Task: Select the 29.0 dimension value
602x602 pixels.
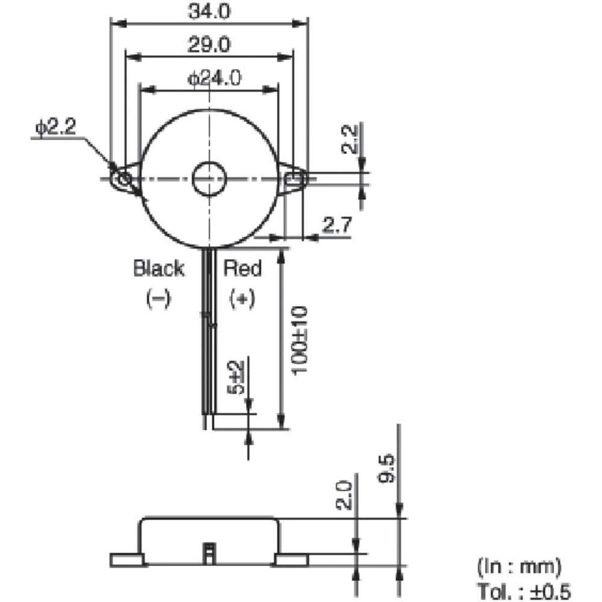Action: [x=209, y=45]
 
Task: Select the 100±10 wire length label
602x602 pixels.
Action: [x=300, y=340]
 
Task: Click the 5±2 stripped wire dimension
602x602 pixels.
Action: [x=237, y=377]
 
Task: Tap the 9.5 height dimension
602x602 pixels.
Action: [x=388, y=468]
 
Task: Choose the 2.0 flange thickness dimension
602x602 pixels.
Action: [x=344, y=495]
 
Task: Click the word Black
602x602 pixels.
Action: [x=158, y=268]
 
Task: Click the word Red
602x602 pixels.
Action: [x=243, y=268]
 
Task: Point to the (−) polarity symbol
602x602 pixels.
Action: [x=158, y=299]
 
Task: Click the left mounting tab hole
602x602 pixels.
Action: [x=123, y=179]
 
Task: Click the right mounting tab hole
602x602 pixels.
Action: [x=293, y=179]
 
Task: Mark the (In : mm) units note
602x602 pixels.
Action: [x=519, y=566]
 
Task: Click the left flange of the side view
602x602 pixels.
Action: [x=128, y=560]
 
